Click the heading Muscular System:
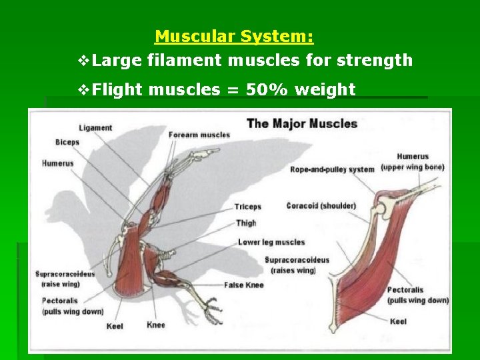234,35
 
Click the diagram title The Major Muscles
302,123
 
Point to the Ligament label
95,127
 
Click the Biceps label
67,142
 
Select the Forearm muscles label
199,135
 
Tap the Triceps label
248,207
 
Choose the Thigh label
246,223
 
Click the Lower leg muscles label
271,242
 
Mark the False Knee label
244,285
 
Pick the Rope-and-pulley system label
332,169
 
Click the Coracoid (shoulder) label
321,205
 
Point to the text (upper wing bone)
413,167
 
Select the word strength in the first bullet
375,61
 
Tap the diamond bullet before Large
83,61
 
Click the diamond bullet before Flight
83,89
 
